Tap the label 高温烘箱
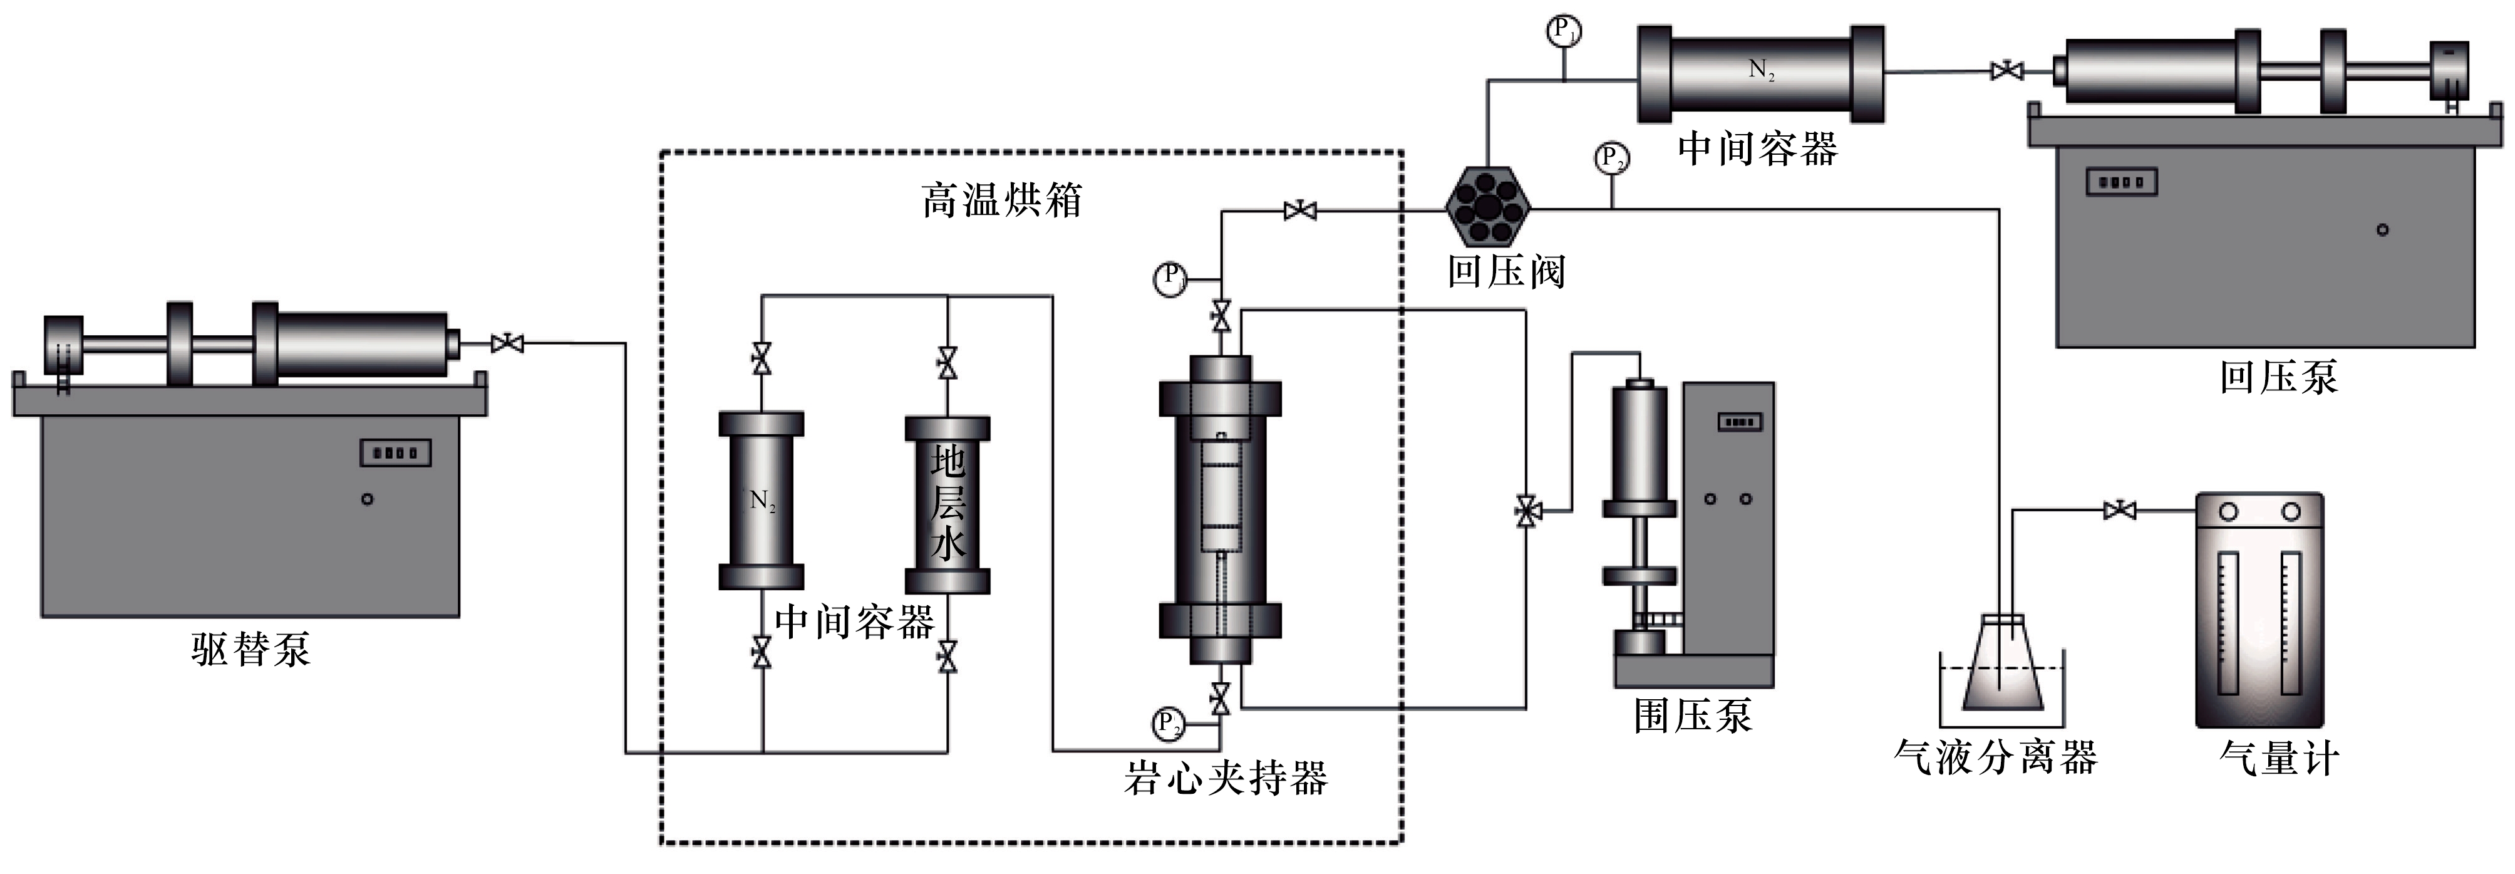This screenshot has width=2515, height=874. [x=1002, y=200]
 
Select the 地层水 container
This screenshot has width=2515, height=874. [x=947, y=505]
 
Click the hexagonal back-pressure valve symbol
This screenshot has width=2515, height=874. [x=1487, y=206]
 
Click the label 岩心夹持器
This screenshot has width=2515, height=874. [x=1226, y=778]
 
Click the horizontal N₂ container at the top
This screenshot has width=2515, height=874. [x=1760, y=73]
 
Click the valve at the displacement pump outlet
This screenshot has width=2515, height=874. [x=507, y=343]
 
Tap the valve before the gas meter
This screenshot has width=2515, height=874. [x=2119, y=510]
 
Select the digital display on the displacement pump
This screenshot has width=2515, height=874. [x=395, y=453]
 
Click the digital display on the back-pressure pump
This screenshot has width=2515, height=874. [x=2120, y=182]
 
